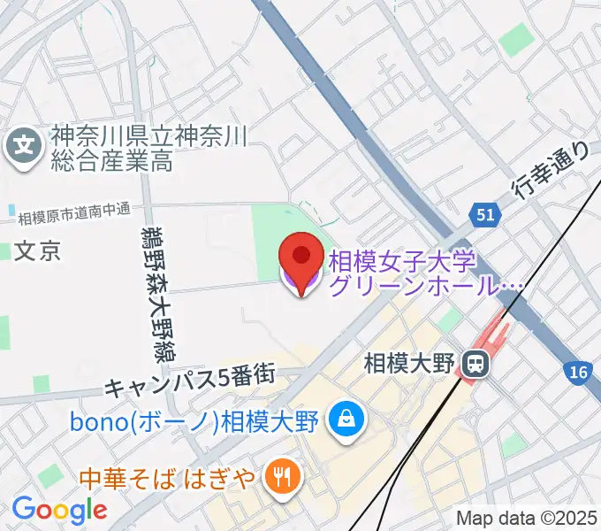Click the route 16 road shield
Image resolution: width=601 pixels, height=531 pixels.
coord(579,373)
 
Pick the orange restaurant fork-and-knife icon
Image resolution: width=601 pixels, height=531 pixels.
coord(284,479)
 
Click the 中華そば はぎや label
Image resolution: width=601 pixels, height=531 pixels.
coord(169,480)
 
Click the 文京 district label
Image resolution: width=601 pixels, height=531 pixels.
coord(40,251)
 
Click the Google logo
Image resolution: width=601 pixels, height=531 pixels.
coord(59,510)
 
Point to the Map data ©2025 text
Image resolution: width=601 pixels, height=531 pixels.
coord(526,518)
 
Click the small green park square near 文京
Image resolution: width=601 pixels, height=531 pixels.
coord(5,251)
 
